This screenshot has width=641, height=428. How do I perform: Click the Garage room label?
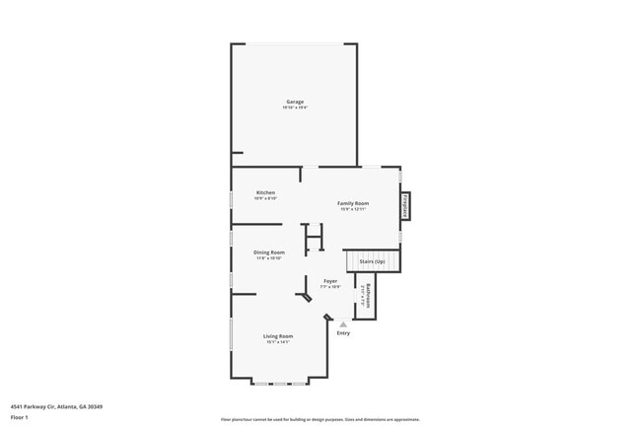coord(295,102)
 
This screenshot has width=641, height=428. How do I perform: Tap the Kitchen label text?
coord(266,192)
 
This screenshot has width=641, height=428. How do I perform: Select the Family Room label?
coord(353,203)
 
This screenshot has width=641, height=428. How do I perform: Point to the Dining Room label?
coord(270,252)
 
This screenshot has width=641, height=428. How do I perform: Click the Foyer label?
coord(330,281)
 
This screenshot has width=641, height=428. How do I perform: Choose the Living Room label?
coord(278,336)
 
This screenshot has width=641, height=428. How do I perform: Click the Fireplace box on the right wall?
coord(405,206)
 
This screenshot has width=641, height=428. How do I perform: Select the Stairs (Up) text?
coord(372,262)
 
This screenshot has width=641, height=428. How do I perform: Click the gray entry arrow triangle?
coord(343,323)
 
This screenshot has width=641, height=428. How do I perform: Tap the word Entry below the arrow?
coord(343,333)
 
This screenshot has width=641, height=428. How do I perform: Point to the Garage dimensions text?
coord(295,107)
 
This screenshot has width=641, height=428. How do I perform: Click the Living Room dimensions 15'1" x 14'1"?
coord(278,342)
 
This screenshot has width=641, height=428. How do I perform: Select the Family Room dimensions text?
coord(353,209)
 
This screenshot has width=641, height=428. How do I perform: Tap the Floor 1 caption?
coord(21,416)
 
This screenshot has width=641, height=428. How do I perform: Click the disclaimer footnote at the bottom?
coord(320,419)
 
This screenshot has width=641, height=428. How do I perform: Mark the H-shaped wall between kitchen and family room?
coord(314,239)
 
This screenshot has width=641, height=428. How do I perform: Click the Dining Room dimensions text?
coord(270,258)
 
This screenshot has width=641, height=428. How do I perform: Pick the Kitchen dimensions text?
coord(266,198)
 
